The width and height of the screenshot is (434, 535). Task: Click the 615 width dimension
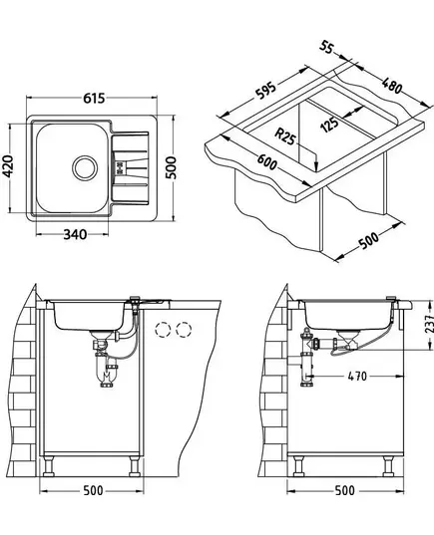click(x=94, y=99)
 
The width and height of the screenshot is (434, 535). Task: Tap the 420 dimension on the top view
click(x=8, y=166)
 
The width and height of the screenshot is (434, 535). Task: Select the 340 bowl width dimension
click(x=75, y=235)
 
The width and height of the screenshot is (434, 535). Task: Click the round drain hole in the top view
click(x=85, y=167)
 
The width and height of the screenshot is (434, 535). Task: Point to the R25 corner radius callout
click(x=284, y=135)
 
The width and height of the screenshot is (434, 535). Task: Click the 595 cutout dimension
click(x=265, y=91)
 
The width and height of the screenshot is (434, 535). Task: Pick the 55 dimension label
click(x=326, y=47)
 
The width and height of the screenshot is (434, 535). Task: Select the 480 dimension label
click(x=392, y=86)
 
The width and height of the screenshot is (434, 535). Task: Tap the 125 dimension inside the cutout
click(x=330, y=125)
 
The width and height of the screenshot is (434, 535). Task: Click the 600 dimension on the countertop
click(x=267, y=162)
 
